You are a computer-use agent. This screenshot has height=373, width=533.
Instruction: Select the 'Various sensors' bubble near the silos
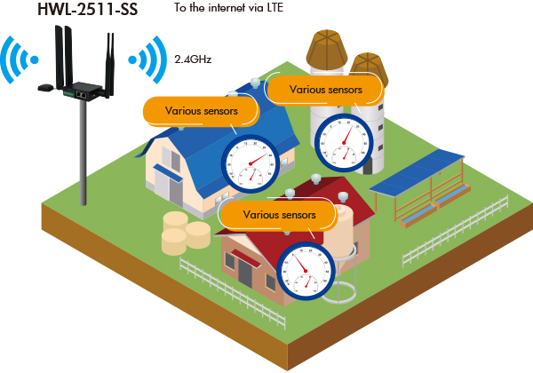tap(325, 89)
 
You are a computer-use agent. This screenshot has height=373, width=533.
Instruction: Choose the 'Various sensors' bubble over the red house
tap(278, 214)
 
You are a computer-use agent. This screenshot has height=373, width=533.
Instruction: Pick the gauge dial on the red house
tap(305, 272)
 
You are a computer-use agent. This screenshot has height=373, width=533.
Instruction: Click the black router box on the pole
tap(80, 90)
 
